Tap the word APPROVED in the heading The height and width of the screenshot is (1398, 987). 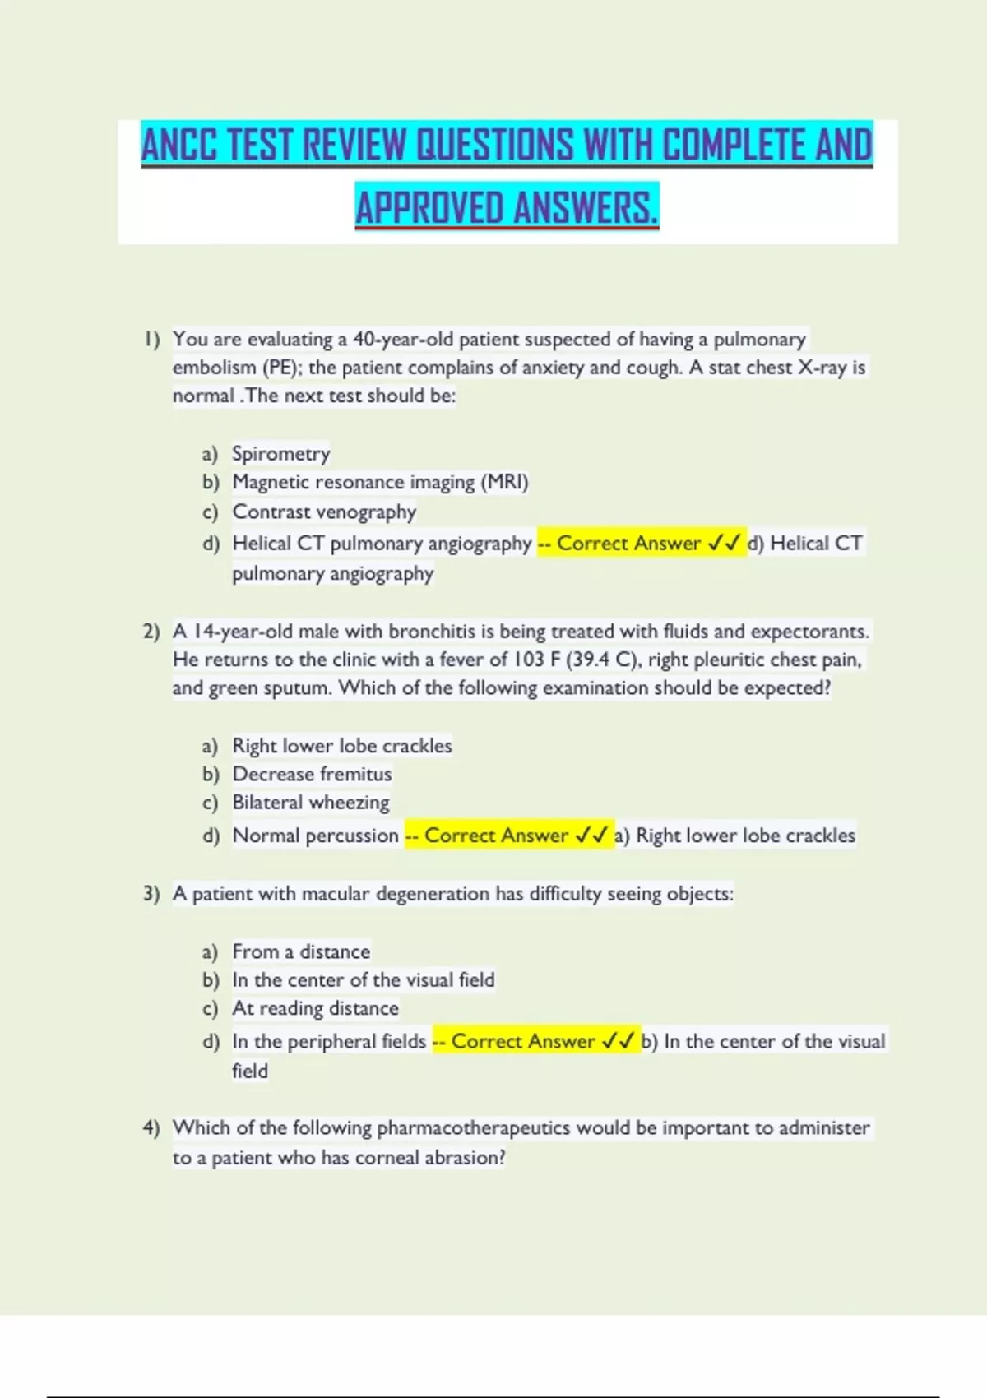click(x=429, y=207)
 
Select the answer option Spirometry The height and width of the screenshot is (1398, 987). click(x=280, y=453)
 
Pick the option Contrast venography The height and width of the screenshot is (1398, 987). click(x=324, y=512)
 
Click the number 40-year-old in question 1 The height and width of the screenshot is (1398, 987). click(x=403, y=339)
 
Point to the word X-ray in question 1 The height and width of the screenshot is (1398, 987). click(x=822, y=368)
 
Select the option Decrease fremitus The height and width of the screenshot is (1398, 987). click(x=312, y=774)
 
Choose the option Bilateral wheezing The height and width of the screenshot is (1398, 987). click(x=311, y=802)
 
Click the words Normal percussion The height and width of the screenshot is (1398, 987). click(x=315, y=836)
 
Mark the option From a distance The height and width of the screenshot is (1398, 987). click(x=301, y=951)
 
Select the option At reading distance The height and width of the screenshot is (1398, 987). click(x=315, y=1008)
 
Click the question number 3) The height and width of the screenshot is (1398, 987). click(x=151, y=894)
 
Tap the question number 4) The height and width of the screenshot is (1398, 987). click(x=151, y=1127)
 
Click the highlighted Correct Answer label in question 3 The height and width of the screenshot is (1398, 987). click(x=522, y=1041)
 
